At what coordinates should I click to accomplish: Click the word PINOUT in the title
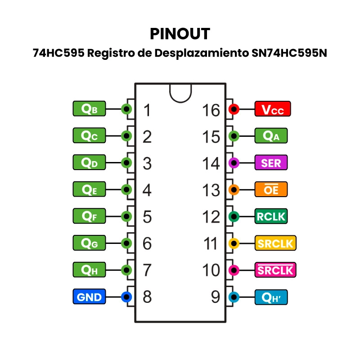180,34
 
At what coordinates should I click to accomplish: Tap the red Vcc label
273,109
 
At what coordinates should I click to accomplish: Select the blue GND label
90,297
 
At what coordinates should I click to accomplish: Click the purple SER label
271,162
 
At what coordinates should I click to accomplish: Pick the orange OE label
271,189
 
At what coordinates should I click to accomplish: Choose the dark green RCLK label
271,216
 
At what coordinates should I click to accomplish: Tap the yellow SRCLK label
274,243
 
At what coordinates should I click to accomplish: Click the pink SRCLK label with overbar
274,270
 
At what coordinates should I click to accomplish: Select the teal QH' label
271,297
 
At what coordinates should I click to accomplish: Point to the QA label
271,136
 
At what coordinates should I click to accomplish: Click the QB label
89,109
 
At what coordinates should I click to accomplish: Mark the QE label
89,189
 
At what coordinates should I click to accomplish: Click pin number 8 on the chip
147,297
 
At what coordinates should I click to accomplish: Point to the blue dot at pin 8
126,297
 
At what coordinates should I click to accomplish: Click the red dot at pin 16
234,109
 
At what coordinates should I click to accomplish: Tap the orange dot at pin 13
234,189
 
